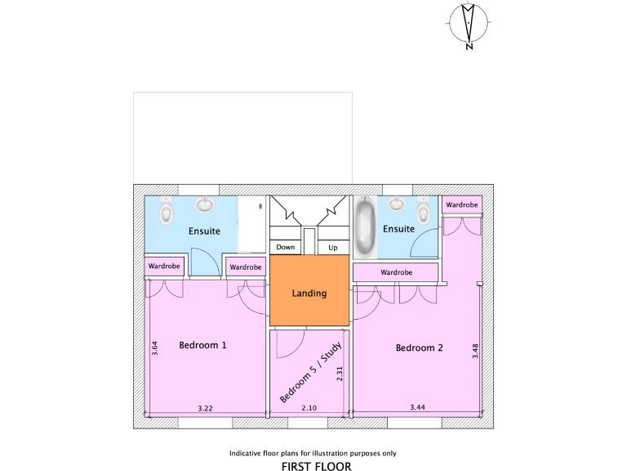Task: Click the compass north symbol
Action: pyautogui.click(x=469, y=24)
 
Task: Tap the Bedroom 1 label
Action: pyautogui.click(x=202, y=345)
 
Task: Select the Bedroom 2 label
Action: pyautogui.click(x=419, y=348)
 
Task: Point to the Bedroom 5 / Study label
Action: pyautogui.click(x=310, y=373)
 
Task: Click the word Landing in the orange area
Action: pyautogui.click(x=309, y=293)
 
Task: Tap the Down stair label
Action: pyautogui.click(x=285, y=247)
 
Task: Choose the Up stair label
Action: pyautogui.click(x=332, y=247)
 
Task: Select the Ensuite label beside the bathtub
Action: pyautogui.click(x=398, y=229)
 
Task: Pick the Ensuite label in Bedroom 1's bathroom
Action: pyautogui.click(x=204, y=231)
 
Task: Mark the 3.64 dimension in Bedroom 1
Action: pyautogui.click(x=154, y=348)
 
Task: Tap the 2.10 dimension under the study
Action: pyautogui.click(x=309, y=407)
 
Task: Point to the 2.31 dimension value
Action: pyautogui.click(x=339, y=374)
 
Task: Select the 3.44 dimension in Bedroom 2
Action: pyautogui.click(x=417, y=407)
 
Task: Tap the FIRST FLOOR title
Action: pyautogui.click(x=316, y=467)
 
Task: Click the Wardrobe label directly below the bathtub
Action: pyautogui.click(x=396, y=272)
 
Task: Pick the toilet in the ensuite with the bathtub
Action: pyautogui.click(x=423, y=213)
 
